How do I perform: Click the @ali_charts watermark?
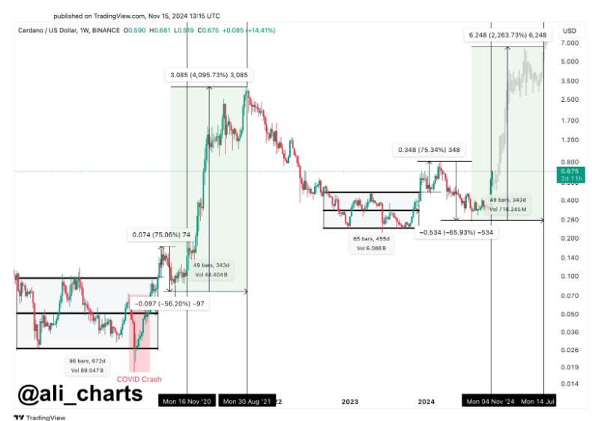click(x=79, y=393)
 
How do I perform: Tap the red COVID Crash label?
click(x=139, y=379)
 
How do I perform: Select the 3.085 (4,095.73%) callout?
click(x=208, y=75)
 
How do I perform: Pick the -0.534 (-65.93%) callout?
click(x=456, y=232)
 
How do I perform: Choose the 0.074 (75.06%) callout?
click(x=162, y=234)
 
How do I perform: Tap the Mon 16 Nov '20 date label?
click(x=187, y=402)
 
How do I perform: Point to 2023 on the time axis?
click(x=349, y=402)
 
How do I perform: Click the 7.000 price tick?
click(x=569, y=43)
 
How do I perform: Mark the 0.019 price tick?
click(x=569, y=367)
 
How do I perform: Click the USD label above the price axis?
click(x=569, y=31)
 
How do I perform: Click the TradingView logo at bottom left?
click(x=40, y=417)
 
